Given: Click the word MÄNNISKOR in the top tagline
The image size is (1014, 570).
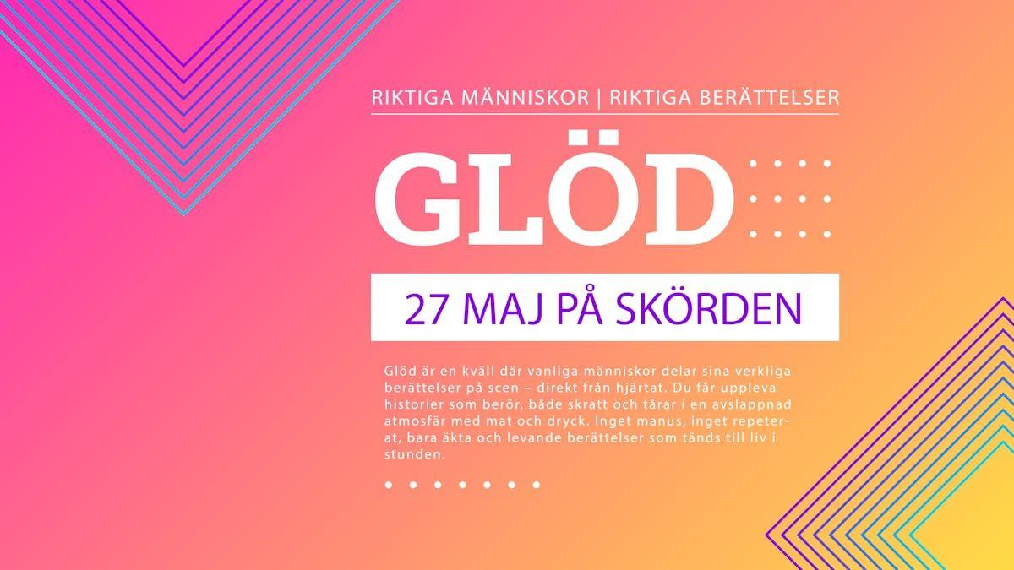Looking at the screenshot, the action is point(525,98).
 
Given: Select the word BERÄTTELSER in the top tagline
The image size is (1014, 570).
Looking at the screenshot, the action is point(724,98).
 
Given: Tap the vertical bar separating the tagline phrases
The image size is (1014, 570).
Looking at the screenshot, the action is point(600,99).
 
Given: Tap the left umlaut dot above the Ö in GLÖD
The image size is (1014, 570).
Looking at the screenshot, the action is point(574,138).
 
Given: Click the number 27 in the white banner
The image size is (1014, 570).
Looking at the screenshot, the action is point(424,309).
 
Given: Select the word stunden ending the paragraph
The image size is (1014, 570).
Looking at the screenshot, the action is point(415,454).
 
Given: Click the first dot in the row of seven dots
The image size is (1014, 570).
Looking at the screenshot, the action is point(389,485).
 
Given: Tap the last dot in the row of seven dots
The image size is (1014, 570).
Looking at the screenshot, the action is point(537,485).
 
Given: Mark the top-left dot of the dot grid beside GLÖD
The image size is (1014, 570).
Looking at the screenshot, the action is point(753,163).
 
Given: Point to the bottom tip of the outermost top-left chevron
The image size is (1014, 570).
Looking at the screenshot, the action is point(184,214).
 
